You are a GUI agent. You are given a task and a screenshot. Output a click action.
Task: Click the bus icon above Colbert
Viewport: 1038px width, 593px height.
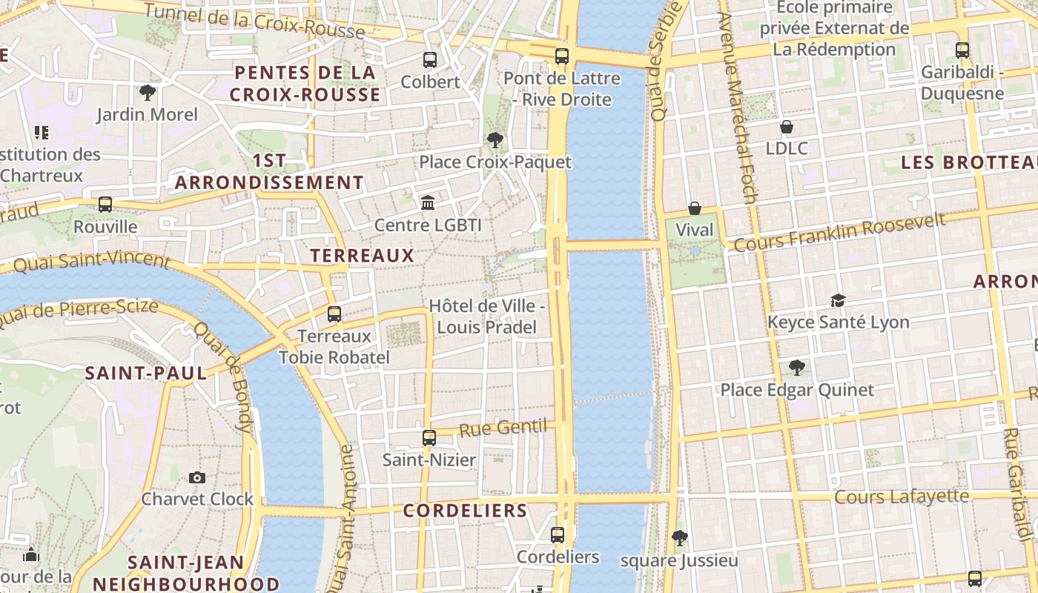tap(430, 60)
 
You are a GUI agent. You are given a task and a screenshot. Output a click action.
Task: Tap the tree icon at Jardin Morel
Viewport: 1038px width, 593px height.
tap(148, 93)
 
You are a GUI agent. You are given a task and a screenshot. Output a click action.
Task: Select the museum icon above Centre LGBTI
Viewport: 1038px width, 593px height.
tap(428, 202)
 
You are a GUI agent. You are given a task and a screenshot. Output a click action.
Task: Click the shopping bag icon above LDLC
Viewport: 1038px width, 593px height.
tap(787, 127)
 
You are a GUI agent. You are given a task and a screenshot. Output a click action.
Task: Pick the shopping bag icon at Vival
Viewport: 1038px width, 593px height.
tap(695, 208)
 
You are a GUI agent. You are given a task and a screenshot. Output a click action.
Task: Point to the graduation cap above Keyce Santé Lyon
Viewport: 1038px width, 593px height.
tap(838, 300)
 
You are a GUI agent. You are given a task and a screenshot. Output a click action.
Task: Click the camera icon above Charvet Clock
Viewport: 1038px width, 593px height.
tap(197, 477)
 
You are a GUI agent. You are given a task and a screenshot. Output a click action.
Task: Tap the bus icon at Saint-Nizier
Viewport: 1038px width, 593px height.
tap(429, 438)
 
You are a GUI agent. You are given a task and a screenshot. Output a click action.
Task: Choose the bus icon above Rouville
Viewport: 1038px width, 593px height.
tap(105, 205)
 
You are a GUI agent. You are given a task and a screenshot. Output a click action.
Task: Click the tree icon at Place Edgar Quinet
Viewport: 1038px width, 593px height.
tap(797, 368)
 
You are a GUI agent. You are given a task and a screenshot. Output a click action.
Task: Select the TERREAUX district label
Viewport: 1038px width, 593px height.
tap(362, 256)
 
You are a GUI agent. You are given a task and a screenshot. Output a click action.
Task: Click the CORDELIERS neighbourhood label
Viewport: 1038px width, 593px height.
tap(465, 511)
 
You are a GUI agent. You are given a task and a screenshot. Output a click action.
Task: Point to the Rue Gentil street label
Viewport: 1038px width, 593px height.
tap(503, 428)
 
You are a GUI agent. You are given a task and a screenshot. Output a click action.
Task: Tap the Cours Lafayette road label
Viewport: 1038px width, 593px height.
tap(902, 496)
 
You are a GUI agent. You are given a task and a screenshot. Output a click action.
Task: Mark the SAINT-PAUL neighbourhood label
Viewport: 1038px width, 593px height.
tap(146, 373)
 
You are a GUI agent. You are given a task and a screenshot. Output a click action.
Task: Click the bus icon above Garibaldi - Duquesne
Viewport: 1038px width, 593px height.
tap(962, 51)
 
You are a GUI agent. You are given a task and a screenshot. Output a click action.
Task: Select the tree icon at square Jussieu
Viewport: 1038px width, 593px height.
tap(679, 538)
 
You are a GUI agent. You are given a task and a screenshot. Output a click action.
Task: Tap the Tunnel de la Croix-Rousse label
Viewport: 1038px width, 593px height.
tap(254, 21)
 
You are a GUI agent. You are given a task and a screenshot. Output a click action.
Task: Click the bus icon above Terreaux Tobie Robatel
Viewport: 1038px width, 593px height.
tap(334, 314)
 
